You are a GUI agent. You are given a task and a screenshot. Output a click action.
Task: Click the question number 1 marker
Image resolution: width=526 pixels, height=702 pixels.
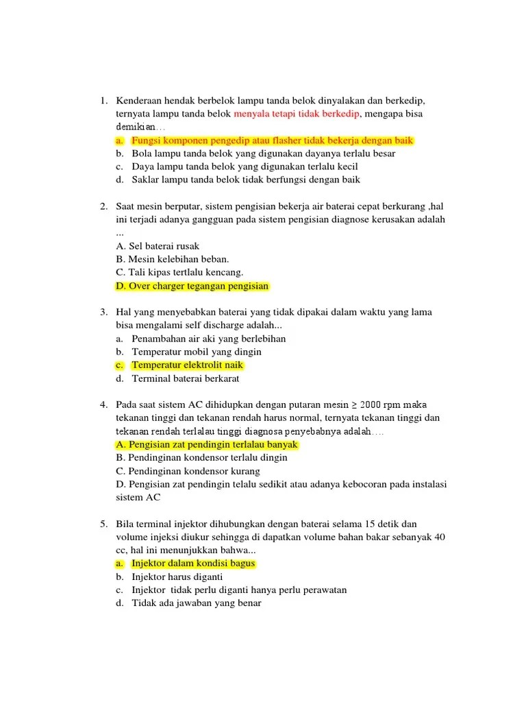click(103, 101)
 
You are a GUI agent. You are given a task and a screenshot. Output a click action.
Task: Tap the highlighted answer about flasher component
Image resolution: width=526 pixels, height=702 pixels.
click(272, 141)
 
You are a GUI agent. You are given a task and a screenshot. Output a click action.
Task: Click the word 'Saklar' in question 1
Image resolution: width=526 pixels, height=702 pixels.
click(145, 180)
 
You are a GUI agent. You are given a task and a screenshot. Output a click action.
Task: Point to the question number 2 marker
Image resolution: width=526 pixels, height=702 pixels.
click(103, 206)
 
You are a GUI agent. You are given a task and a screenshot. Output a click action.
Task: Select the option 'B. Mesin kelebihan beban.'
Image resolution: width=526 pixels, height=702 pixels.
click(173, 259)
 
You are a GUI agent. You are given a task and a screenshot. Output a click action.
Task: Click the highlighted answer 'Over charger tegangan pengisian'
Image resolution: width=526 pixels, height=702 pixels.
click(192, 286)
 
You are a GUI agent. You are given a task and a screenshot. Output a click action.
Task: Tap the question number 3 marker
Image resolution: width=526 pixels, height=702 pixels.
click(103, 312)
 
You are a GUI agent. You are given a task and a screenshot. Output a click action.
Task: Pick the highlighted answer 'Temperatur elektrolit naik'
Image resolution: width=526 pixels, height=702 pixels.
click(187, 365)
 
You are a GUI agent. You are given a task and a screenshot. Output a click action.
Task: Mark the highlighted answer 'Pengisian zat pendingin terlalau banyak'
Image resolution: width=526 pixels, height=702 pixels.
click(207, 444)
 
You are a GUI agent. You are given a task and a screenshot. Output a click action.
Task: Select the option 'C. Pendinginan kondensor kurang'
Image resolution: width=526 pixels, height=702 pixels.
click(188, 471)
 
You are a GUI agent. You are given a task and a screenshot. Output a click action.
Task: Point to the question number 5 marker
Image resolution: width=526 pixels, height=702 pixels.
click(103, 524)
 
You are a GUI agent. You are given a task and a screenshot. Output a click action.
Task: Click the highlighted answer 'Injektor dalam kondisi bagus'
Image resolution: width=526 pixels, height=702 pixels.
click(192, 564)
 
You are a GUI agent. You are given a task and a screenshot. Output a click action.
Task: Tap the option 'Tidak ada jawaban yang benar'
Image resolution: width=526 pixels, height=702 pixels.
click(196, 603)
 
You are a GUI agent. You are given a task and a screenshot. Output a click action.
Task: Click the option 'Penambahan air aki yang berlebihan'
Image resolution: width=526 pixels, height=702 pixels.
click(208, 339)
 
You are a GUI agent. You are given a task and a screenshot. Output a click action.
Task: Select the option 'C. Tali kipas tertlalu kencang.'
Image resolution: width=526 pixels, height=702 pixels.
click(180, 272)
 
